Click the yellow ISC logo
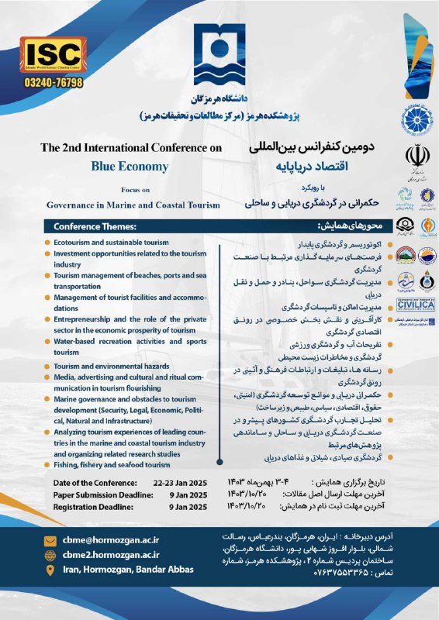coord(54,53)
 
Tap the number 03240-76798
coord(53,81)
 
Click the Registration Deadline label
coord(98,507)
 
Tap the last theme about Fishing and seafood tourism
coord(112,465)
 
